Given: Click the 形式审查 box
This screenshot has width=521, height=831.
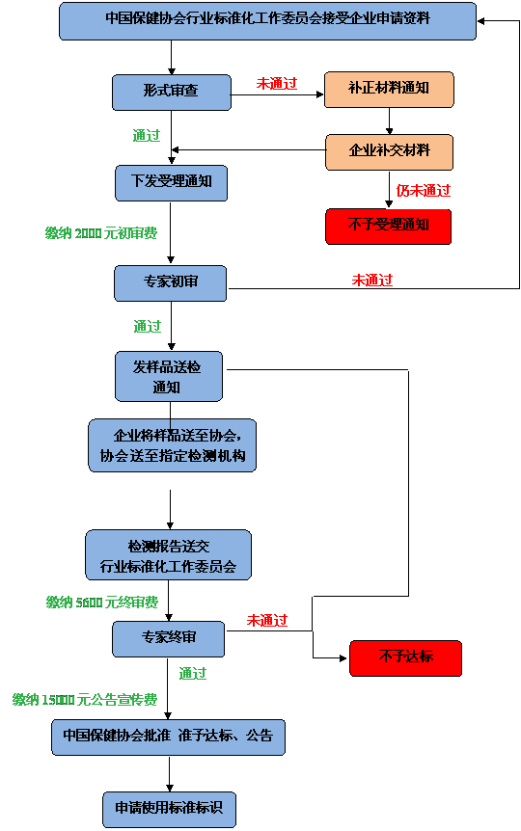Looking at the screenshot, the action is [x=172, y=93].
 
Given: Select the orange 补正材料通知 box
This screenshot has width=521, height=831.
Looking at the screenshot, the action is [x=389, y=90].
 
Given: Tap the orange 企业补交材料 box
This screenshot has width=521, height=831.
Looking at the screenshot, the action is [x=389, y=152].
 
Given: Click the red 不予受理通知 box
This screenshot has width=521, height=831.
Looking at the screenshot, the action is [x=389, y=227].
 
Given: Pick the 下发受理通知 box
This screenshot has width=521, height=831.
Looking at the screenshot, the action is [x=172, y=183].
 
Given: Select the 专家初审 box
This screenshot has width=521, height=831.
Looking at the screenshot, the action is [x=171, y=283].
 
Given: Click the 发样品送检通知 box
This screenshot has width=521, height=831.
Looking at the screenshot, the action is [x=169, y=376].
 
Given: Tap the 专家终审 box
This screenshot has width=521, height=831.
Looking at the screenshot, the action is [x=168, y=639].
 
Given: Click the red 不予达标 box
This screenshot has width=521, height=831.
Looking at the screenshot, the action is [x=406, y=658].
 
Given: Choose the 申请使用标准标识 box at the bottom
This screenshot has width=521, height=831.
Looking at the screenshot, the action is [x=169, y=809].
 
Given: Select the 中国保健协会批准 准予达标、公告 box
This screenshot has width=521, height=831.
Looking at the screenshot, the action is [x=168, y=737].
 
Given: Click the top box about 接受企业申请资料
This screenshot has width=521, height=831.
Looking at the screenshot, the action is [x=268, y=20].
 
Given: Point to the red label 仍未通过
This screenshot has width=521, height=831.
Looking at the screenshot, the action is [x=424, y=190].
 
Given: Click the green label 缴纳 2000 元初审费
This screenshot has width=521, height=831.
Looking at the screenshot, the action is [x=101, y=232].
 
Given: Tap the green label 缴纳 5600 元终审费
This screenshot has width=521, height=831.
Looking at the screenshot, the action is [x=102, y=603].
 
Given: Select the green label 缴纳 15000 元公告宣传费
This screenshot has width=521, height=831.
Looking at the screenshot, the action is [x=85, y=700].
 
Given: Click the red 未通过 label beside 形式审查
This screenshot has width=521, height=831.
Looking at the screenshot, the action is [x=277, y=83].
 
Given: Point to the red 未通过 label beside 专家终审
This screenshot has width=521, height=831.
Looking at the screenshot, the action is [x=267, y=620].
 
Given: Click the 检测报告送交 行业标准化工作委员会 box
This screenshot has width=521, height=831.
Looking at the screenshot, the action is [x=169, y=555].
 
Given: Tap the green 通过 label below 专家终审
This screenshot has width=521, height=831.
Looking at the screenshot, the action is [x=193, y=674].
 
